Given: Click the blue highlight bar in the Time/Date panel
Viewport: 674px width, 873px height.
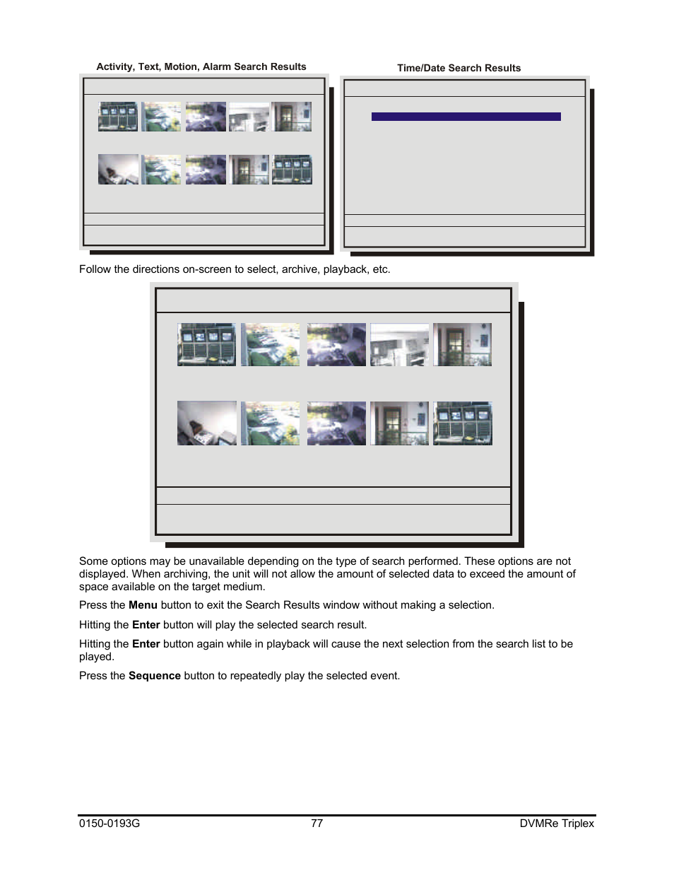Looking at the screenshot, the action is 466,117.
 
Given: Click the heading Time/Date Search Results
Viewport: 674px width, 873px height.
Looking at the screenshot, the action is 459,68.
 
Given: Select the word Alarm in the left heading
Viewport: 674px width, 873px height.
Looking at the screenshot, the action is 217,66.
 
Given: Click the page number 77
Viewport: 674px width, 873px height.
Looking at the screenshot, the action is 317,824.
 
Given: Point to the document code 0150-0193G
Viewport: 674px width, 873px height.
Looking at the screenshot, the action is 110,824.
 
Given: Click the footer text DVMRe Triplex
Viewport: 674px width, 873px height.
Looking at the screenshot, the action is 557,824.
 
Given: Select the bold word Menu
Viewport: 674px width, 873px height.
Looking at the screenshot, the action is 143,604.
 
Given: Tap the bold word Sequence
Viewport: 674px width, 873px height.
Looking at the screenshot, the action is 155,675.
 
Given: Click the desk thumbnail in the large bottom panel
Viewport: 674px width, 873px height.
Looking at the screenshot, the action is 207,423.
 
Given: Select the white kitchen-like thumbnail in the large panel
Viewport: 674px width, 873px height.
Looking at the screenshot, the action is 399,345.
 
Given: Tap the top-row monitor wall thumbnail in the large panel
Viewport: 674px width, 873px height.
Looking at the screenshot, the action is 207,345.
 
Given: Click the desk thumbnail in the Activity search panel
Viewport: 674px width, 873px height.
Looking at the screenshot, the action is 118,170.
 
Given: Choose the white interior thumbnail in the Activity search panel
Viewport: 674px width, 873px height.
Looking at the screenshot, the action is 249,117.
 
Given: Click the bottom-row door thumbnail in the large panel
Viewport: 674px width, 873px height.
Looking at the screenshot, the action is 399,423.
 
